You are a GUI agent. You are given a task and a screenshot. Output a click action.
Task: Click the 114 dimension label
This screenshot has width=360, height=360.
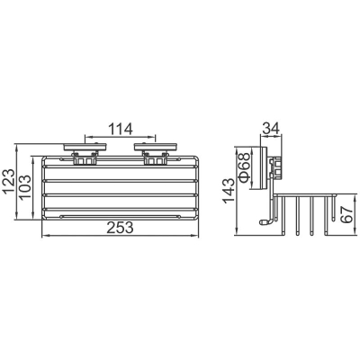[x=121, y=130]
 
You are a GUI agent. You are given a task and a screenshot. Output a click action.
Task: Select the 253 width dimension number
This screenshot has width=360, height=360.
[x=121, y=228]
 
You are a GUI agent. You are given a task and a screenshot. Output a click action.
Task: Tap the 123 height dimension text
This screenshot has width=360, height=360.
[x=9, y=182]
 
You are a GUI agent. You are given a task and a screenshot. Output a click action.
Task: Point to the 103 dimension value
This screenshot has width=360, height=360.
[x=24, y=187]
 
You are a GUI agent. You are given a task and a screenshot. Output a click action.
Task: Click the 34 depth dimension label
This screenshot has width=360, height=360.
[x=271, y=128]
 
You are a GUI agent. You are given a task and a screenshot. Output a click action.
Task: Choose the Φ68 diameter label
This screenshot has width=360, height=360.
[x=245, y=167]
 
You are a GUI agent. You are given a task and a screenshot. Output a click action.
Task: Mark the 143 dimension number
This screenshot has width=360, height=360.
[x=229, y=191]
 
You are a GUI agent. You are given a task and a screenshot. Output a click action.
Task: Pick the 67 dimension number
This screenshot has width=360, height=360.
[x=347, y=214]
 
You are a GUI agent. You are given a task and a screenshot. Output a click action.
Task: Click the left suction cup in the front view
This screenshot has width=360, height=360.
[x=85, y=148]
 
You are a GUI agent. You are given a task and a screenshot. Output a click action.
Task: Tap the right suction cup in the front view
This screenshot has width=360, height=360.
[x=155, y=148]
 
